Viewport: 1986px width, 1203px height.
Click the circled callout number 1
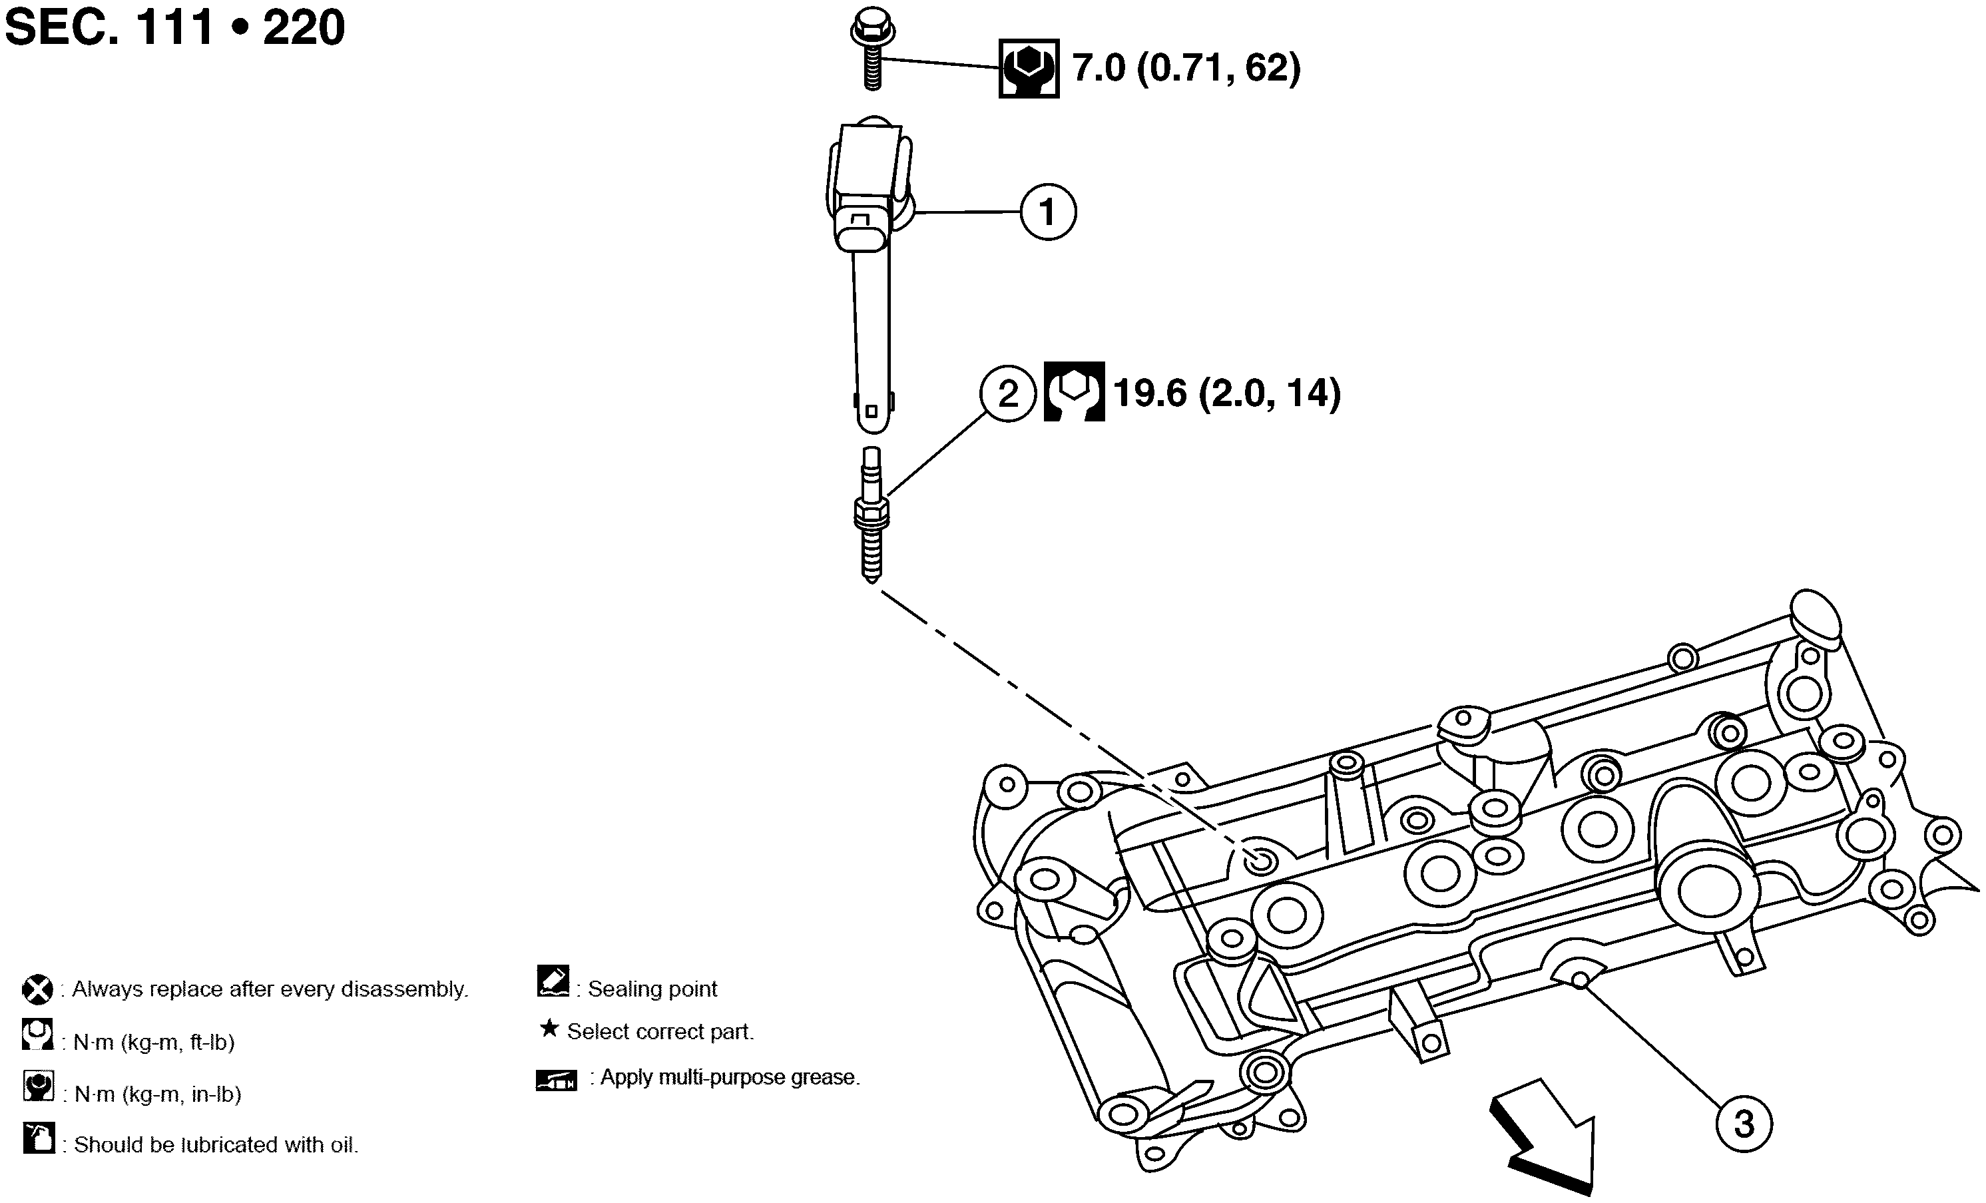[1048, 213]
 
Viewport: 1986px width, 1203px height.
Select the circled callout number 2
[1007, 394]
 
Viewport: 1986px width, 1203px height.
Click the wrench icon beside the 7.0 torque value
[1029, 69]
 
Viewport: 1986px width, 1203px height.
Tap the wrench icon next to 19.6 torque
[1074, 391]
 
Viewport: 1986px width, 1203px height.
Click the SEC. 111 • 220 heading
[175, 27]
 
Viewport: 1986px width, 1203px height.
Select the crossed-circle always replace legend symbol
[37, 989]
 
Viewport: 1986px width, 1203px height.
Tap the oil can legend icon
[39, 1138]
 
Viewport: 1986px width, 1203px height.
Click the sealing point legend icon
[553, 981]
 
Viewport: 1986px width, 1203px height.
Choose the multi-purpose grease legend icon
[556, 1081]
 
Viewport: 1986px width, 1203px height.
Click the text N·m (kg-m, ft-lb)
[153, 1043]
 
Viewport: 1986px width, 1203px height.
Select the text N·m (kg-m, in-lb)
[157, 1094]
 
